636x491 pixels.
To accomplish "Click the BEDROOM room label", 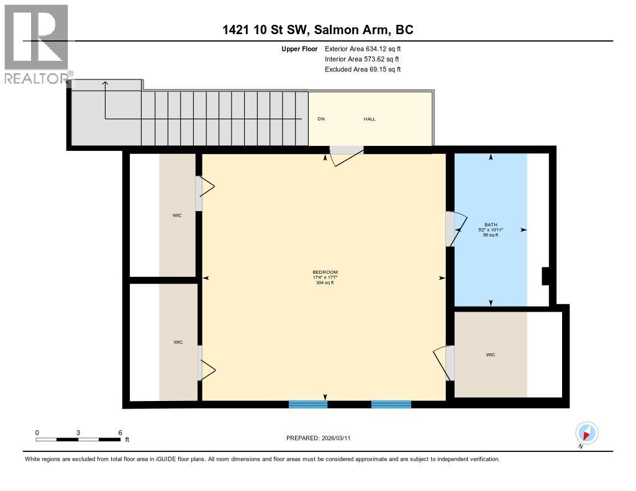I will (325, 273).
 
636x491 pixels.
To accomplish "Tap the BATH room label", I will (491, 225).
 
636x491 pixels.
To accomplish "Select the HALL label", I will (370, 119).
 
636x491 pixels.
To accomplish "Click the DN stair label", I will (321, 119).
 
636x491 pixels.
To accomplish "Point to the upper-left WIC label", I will (177, 215).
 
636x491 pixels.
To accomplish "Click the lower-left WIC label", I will (178, 342).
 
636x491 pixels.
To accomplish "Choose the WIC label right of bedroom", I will (490, 354).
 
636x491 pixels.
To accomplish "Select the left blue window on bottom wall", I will (308, 404).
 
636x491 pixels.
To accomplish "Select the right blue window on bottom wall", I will (391, 404).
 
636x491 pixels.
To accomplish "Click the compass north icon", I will (586, 433).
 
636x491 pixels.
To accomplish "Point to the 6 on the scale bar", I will (119, 432).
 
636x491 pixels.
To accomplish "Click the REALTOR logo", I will (36, 43).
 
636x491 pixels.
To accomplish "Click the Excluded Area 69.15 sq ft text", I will (362, 70).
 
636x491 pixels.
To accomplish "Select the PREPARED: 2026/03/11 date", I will (322, 438).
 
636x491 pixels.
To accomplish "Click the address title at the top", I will (317, 29).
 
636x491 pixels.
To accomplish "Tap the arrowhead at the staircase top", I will (105, 83).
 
